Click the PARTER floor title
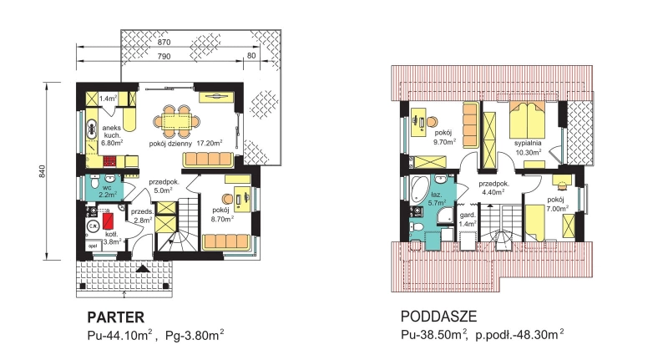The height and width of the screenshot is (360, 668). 116,317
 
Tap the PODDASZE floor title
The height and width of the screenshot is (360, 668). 439,317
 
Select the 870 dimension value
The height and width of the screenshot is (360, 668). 164,42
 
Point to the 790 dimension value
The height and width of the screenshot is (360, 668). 164,56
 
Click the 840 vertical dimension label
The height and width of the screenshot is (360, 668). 42,171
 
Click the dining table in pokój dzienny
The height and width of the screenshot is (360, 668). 176,122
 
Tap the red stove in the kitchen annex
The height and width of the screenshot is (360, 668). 109,161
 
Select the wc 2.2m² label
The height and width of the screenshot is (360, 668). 108,191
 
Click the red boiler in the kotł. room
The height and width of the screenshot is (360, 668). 108,221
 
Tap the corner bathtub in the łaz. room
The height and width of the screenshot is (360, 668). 420,188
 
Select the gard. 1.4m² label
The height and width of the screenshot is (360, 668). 468,220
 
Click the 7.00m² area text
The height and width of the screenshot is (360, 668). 558,208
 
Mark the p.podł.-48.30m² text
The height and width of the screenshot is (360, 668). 519,335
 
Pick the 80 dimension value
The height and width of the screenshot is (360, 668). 251,56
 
